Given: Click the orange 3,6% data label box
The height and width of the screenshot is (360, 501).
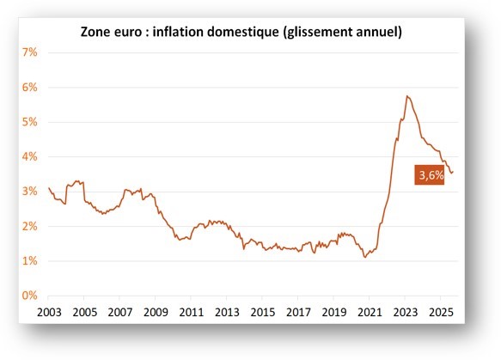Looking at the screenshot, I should point(431,175).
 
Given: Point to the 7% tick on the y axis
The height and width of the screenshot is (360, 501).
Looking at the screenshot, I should point(27,52).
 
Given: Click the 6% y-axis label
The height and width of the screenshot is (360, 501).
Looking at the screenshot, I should point(27,87).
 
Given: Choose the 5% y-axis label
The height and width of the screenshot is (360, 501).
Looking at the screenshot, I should point(27,122).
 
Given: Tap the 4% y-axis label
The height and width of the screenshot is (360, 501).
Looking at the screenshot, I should point(27,156).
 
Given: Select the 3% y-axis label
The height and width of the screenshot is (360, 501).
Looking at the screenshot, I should point(27,192).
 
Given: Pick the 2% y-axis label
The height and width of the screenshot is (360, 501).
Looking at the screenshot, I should point(27,226).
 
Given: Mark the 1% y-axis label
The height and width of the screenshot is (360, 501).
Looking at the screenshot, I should point(27,261).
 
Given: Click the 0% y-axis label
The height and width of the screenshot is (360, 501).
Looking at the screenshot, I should point(27,296).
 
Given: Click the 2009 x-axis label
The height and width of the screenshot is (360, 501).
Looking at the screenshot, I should point(155,311).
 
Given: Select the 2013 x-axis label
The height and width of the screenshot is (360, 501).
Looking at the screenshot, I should point(226,311).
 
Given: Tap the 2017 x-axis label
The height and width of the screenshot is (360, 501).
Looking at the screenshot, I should point(297,311).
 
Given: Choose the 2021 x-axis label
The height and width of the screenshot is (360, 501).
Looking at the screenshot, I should point(370,311).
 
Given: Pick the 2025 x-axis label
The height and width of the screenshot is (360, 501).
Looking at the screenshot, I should point(441,311).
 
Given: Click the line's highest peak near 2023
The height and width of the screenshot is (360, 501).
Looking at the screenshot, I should point(406,95).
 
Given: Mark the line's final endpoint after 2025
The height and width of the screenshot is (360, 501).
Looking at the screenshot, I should point(453,172).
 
